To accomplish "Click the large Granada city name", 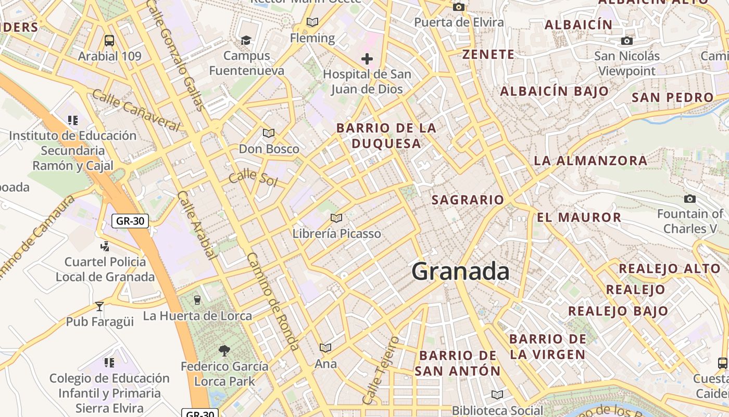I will coord(460,272).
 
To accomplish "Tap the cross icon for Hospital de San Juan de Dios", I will coord(367,59).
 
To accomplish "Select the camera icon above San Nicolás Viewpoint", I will coord(627,41).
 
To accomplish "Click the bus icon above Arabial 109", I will coord(109,40).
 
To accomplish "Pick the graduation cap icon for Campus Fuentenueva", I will coord(246,40).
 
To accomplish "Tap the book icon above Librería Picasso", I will coord(336,218).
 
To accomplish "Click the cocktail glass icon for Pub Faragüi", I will coord(99,306).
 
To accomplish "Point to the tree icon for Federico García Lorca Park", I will coord(224,350).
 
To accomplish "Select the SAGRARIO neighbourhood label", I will coord(468,200).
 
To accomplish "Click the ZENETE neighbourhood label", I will coord(488,54).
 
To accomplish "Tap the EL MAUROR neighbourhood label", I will coord(579,217).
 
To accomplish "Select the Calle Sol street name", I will coord(253,177).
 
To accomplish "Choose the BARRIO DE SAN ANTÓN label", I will coord(458,363).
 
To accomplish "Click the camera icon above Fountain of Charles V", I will coord(690,199).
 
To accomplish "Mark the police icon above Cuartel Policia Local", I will coord(105,246).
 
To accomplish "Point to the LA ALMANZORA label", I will coord(590,161).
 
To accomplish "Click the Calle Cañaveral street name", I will coord(136,110).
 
